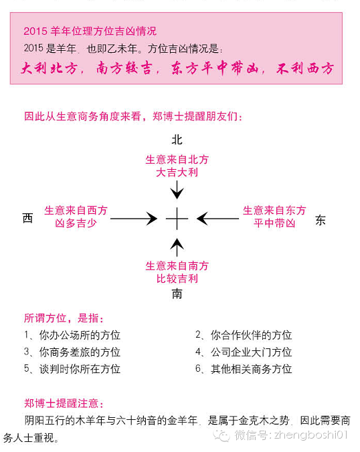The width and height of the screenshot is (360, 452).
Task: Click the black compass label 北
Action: click(177, 140)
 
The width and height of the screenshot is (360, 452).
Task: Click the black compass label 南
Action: click(177, 294)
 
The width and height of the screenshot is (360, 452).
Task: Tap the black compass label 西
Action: click(27, 218)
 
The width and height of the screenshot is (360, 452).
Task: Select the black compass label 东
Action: click(321, 220)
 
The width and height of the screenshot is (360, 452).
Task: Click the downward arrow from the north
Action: click(177, 190)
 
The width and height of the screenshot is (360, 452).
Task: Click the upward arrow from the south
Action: click(177, 247)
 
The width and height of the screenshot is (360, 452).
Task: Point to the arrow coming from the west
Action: click(134, 219)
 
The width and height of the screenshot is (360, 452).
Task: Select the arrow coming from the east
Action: click(217, 219)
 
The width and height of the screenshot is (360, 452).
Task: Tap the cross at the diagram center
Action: click(177, 219)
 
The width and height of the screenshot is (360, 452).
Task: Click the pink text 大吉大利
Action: click(177, 173)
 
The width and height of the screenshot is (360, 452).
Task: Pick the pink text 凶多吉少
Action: click(76, 223)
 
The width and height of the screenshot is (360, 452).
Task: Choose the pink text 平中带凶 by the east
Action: click(274, 223)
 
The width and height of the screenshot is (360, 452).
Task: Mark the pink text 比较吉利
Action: click(177, 278)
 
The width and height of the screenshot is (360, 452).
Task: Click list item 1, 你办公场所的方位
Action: click(72, 335)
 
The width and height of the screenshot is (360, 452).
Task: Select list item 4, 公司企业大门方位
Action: click(244, 352)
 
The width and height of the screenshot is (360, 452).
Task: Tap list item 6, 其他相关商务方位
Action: click(244, 369)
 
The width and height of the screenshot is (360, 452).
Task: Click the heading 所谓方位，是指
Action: click(64, 318)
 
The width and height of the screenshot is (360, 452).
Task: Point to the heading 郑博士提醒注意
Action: click(64, 403)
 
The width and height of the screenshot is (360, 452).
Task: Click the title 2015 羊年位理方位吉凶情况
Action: click(90, 31)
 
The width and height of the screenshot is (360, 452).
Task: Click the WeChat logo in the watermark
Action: click(221, 435)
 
